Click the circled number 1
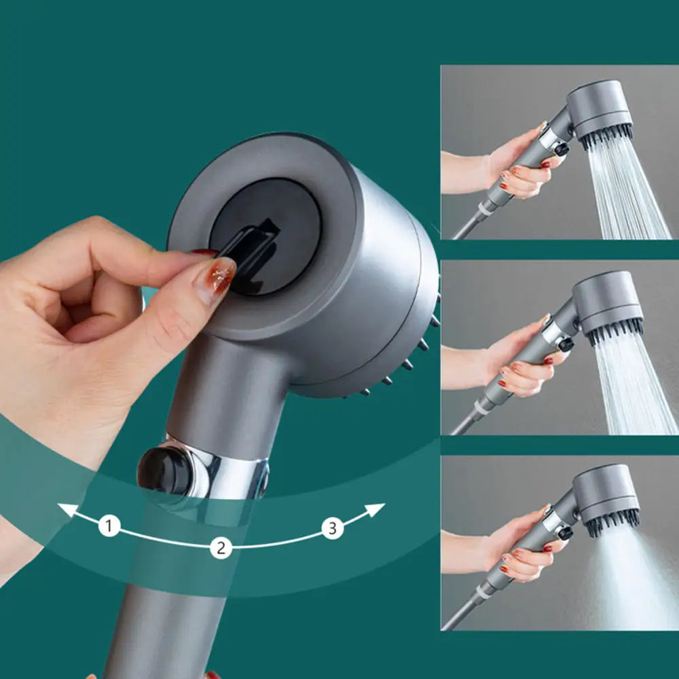tap(109, 525)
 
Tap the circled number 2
tap(220, 547)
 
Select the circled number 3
tap(332, 528)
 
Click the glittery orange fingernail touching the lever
tap(216, 278)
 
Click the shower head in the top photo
tap(598, 112)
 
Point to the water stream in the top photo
tap(625, 190)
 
